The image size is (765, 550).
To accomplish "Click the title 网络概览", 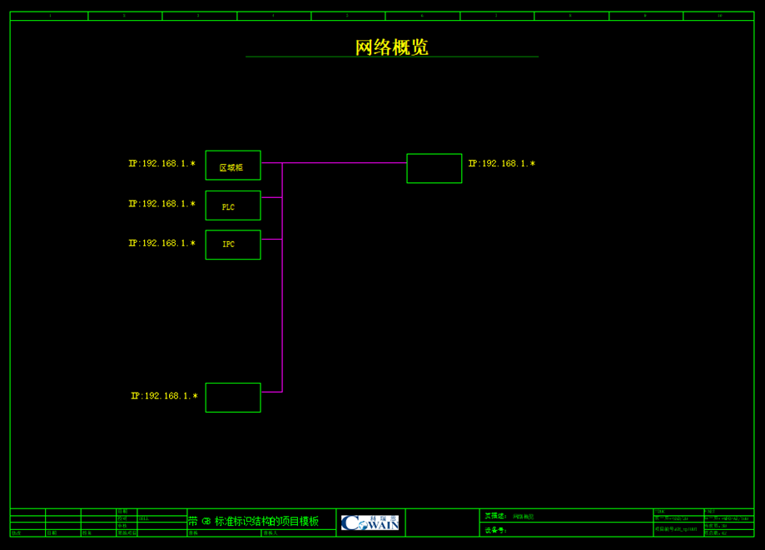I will (391, 47).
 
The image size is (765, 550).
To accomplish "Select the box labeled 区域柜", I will (233, 166).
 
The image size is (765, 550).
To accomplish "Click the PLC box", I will (233, 206).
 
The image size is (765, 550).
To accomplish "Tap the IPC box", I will (233, 245).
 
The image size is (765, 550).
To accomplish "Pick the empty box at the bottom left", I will (233, 398).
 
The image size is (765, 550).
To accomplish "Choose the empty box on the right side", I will (434, 168).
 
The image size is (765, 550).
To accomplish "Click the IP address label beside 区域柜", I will (161, 164).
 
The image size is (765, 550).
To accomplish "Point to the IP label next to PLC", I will (161, 204).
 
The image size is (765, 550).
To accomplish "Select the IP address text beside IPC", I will (161, 244).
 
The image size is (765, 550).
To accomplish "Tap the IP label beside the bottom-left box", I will (164, 396).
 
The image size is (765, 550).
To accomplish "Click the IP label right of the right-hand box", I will (501, 164).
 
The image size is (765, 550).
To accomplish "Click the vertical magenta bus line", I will (282, 316).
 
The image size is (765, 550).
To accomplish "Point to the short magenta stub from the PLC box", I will (271, 198).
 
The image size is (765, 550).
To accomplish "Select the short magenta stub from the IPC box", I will (271, 240).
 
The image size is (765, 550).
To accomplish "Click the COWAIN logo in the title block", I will (370, 523).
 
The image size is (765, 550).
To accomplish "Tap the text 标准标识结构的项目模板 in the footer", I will (266, 522).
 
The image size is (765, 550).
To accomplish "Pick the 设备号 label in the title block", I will (495, 530).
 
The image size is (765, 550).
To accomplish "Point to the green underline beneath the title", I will (391, 57).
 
